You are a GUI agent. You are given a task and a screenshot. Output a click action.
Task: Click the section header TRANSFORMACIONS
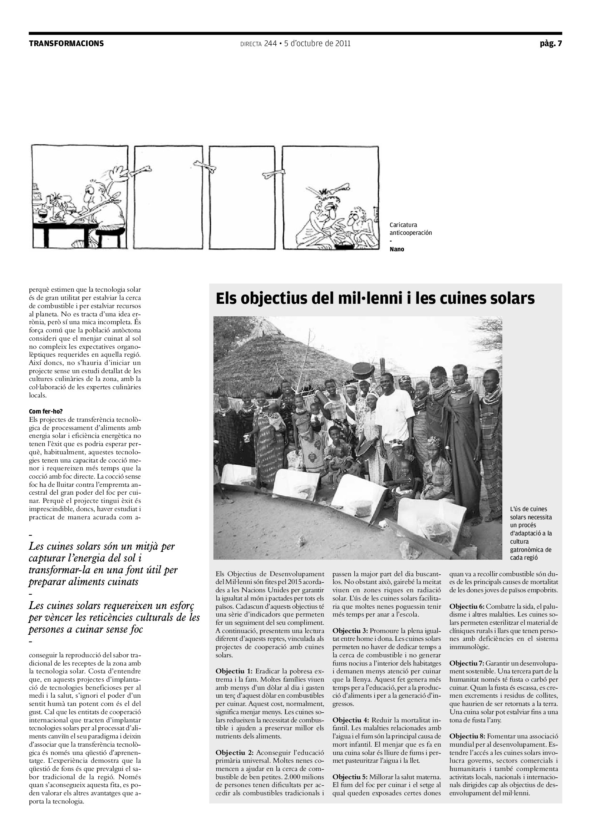point(66,44)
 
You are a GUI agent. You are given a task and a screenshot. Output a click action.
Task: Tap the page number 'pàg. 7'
point(551,44)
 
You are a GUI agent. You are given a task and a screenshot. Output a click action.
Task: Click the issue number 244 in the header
point(270,44)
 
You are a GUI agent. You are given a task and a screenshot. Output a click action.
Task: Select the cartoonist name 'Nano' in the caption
point(397,249)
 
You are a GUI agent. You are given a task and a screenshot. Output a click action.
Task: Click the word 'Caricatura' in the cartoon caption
point(403,225)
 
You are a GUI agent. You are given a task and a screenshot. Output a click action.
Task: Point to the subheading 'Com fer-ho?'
point(46,411)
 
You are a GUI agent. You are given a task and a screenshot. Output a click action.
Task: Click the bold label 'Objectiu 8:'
point(467,736)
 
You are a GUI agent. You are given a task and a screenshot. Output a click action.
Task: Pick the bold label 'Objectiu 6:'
point(467,606)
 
